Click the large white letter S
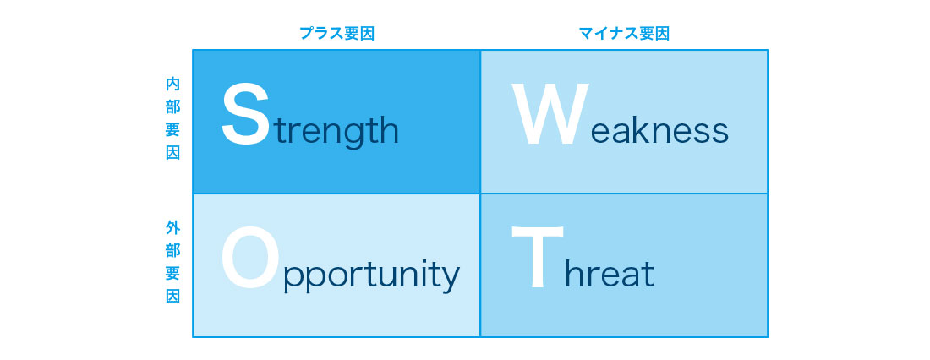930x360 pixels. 245,115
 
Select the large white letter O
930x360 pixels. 249,259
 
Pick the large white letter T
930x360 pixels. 538,258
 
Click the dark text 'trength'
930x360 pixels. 336,130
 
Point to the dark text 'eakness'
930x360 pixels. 659,129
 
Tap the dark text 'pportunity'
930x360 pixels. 372,276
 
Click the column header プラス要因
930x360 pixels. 336,33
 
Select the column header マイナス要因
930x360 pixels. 624,33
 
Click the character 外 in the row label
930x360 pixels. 172,227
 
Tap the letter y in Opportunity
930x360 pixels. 450,281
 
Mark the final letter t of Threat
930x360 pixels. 648,274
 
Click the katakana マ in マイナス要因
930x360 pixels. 586,34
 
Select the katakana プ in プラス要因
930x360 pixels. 307,33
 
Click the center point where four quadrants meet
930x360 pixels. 480,194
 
